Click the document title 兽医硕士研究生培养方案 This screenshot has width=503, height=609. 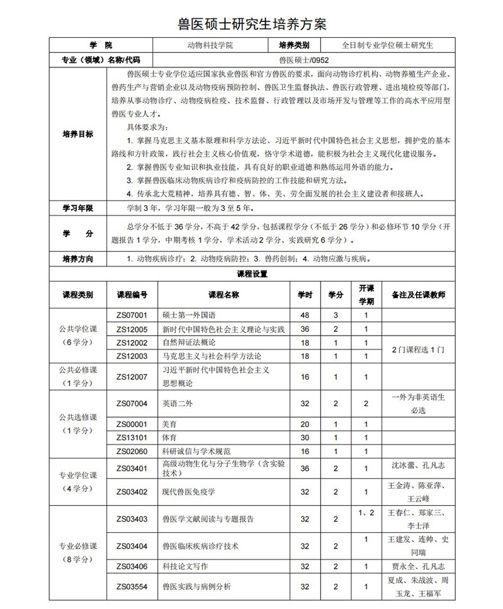[251, 24]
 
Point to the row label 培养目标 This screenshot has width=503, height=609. [78, 134]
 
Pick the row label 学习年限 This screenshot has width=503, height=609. [78, 208]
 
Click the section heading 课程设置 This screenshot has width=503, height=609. [251, 274]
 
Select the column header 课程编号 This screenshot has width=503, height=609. [132, 295]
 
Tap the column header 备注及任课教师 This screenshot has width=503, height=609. [418, 295]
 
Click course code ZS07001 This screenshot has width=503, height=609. [132, 315]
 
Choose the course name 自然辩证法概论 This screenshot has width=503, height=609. [189, 343]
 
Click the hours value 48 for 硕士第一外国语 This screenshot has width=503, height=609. [305, 315]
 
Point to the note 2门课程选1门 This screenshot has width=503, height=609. [418, 349]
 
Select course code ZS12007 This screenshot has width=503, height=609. [132, 377]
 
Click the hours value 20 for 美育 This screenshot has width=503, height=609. [305, 424]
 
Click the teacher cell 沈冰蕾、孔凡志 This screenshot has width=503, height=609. [418, 467]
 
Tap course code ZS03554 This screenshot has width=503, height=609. [132, 586]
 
